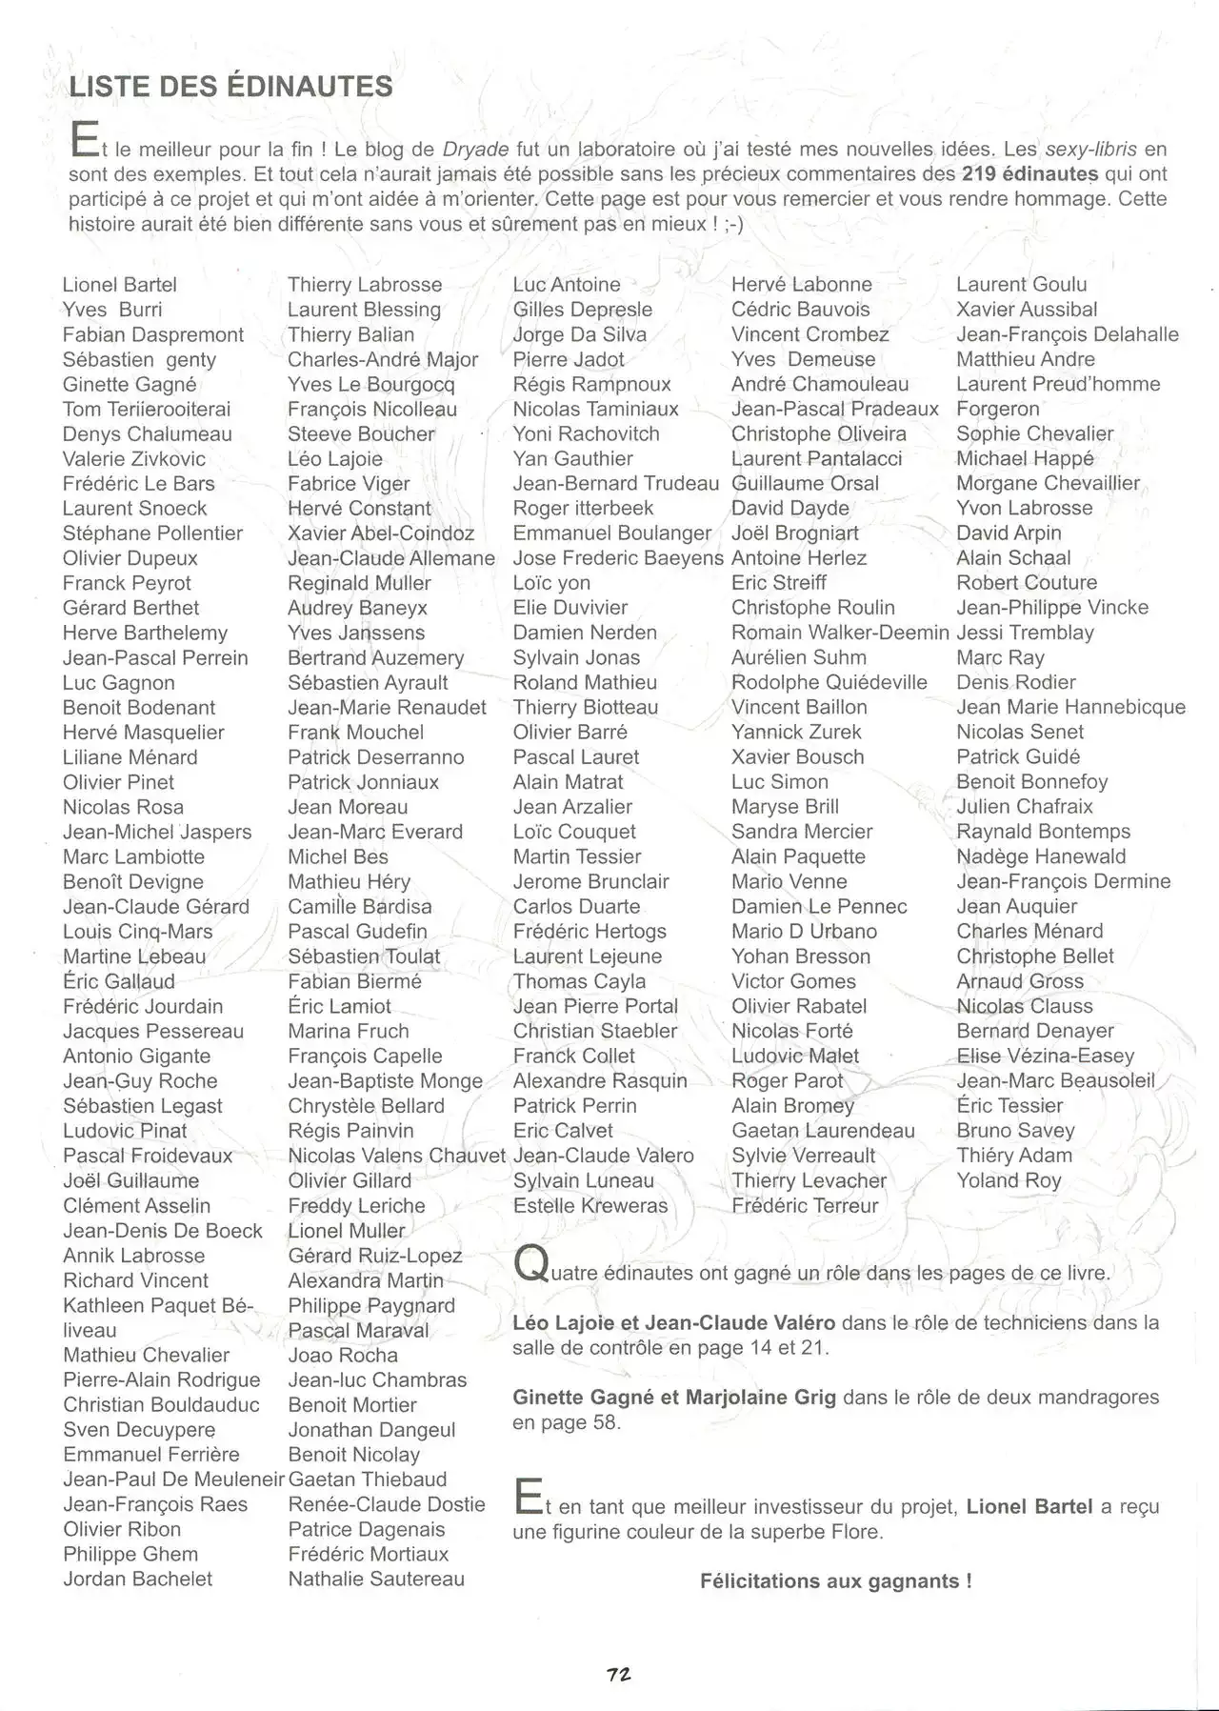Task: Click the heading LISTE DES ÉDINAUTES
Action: [x=230, y=87]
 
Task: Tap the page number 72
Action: [x=619, y=1674]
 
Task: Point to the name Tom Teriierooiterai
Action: [x=147, y=410]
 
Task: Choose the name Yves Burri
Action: [x=112, y=310]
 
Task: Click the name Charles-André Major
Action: [x=383, y=360]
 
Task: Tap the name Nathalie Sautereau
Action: [x=376, y=1579]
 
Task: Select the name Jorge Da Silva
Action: [x=579, y=334]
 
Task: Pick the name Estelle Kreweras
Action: [x=590, y=1205]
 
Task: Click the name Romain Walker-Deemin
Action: [x=840, y=633]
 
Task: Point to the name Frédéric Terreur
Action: [x=805, y=1205]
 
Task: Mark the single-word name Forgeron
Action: [x=998, y=409]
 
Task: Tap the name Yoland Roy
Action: [x=1009, y=1180]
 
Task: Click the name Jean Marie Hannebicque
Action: [x=1070, y=707]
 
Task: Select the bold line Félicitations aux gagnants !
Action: [x=836, y=1581]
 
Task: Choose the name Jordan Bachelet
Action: [x=137, y=1579]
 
